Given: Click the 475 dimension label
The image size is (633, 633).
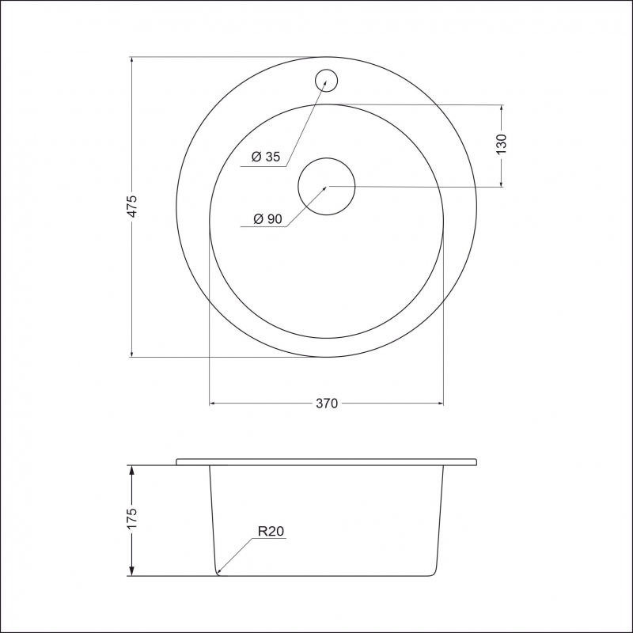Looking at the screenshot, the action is tap(132, 207).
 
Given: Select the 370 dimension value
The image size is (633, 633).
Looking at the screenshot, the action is tap(327, 404).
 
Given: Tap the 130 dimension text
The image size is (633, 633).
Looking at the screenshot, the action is tap(501, 144).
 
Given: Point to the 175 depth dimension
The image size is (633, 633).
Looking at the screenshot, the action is tap(132, 518).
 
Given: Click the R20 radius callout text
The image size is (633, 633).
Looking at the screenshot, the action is tap(271, 531).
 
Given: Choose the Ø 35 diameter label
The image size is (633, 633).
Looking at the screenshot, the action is tap(266, 156).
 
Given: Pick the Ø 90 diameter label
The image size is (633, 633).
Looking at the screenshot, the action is tap(267, 219).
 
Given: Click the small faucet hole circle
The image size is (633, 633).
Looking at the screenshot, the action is tap(326, 70).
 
